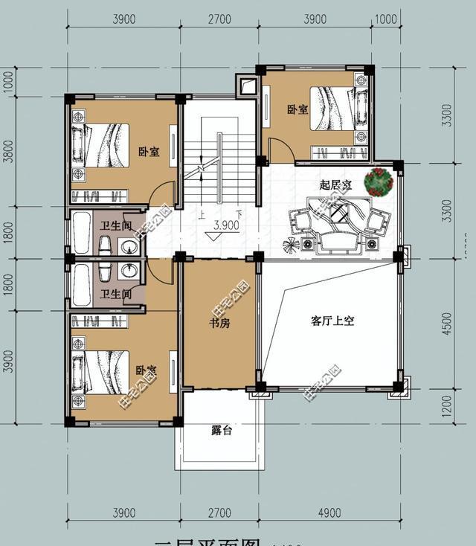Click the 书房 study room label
[x=219, y=324]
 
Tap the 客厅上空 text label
[x=332, y=321]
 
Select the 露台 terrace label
[x=220, y=430]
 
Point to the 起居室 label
[x=335, y=184]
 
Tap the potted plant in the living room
[x=379, y=181]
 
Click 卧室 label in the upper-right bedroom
[x=297, y=110]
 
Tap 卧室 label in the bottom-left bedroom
[x=146, y=370]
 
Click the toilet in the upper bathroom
[x=105, y=246]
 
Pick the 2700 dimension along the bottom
[x=219, y=513]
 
